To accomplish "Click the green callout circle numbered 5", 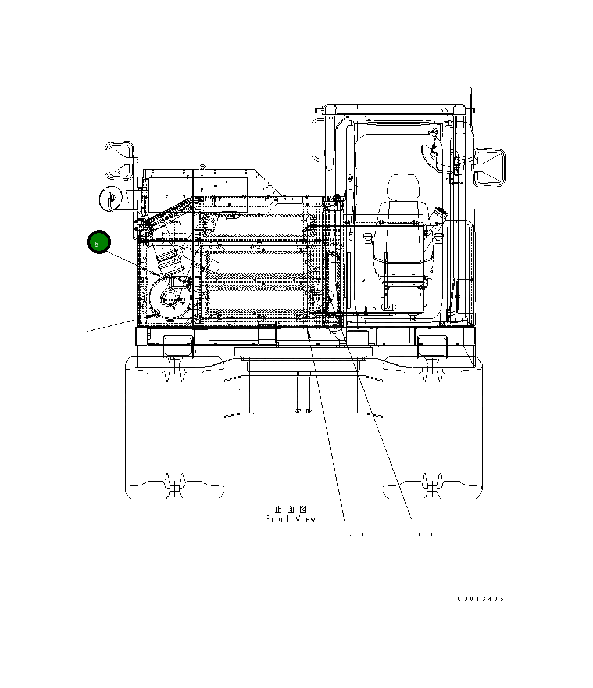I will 99,242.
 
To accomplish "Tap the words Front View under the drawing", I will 291,519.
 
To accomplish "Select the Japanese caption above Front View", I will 290,509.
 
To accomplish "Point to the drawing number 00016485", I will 480,599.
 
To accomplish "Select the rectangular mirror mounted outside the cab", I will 490,167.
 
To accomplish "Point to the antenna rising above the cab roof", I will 471,110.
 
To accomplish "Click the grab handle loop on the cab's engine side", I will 317,139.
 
